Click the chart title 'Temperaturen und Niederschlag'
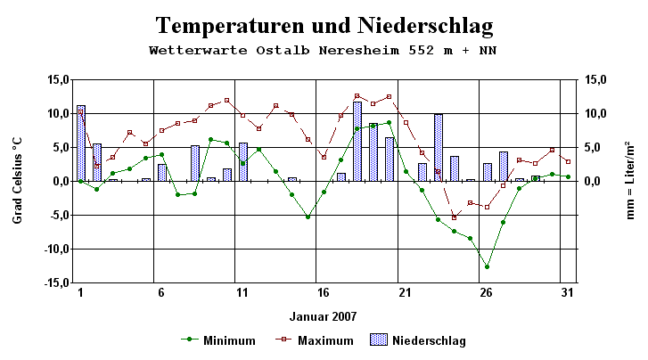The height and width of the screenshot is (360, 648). click(x=324, y=24)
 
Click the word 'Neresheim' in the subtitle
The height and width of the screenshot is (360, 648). click(x=378, y=50)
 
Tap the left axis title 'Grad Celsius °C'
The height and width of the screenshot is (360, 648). click(x=17, y=180)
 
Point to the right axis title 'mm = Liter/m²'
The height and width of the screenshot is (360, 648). click(x=630, y=180)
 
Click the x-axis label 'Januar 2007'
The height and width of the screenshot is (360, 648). click(x=322, y=315)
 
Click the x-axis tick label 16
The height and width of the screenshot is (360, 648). click(x=323, y=292)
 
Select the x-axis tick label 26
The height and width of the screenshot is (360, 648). click(x=486, y=292)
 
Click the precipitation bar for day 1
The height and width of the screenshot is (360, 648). click(x=81, y=143)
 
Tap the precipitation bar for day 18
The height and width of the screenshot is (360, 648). click(x=357, y=141)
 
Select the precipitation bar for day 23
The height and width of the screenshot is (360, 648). click(x=439, y=147)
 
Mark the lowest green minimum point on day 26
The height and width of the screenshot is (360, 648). click(x=487, y=266)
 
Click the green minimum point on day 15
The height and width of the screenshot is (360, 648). click(x=308, y=217)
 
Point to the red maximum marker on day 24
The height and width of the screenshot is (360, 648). click(x=454, y=217)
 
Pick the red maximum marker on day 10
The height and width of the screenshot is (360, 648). click(x=226, y=100)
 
